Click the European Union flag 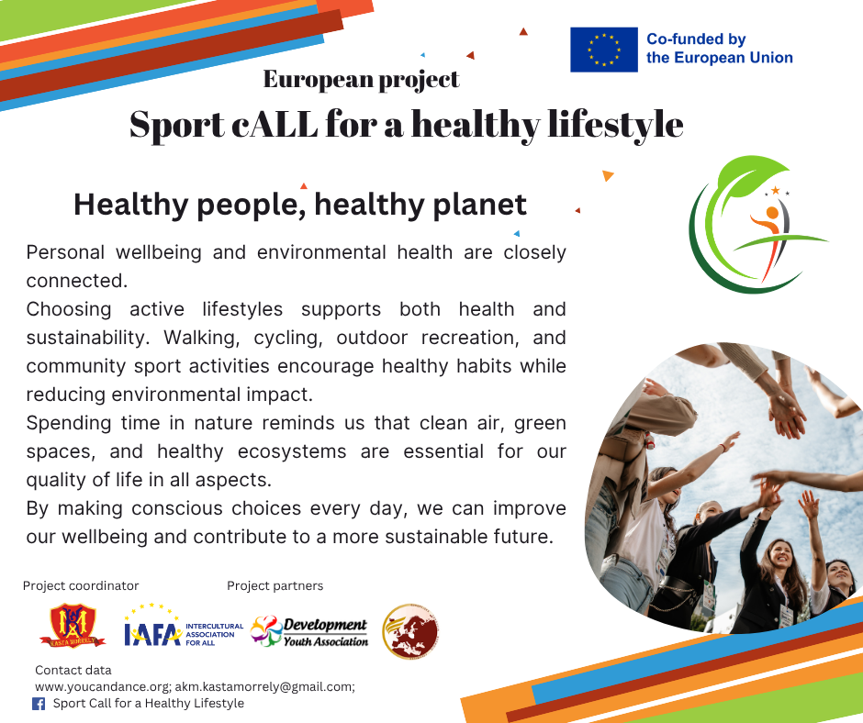pos(604,50)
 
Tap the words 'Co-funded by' pos(696,39)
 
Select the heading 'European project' pos(361,80)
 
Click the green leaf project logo pos(757,224)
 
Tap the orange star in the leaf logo pos(776,190)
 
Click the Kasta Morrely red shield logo pos(73,626)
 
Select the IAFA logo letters pos(152,634)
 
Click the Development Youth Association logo pos(308,631)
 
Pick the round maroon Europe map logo pos(410,631)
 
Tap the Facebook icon pos(39,704)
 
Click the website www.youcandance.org pos(103,686)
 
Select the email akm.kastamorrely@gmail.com pos(264,686)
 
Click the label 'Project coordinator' pos(81,586)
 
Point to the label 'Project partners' pos(275,586)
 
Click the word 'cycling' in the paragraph pos(288,338)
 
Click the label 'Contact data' pos(73,670)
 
